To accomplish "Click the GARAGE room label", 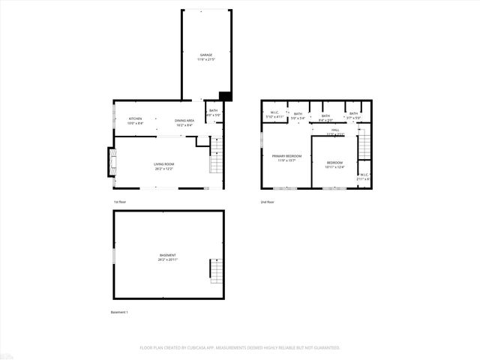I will coord(205,57).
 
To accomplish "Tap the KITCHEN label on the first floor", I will coord(135,121).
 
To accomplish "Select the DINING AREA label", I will coord(184,122).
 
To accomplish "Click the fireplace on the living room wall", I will coord(113,160).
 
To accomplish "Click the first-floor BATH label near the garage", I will coord(214,112).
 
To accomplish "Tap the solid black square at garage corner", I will coord(224,95).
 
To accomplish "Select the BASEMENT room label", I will coord(167,257).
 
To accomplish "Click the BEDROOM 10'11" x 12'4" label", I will coord(334,164).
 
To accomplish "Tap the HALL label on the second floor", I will coord(335,131).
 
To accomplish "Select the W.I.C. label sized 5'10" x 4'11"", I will coord(274,115).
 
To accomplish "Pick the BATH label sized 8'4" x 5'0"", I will coord(325,117).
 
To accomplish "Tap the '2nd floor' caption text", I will coord(268,202).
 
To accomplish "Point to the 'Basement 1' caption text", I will coord(120,312).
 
